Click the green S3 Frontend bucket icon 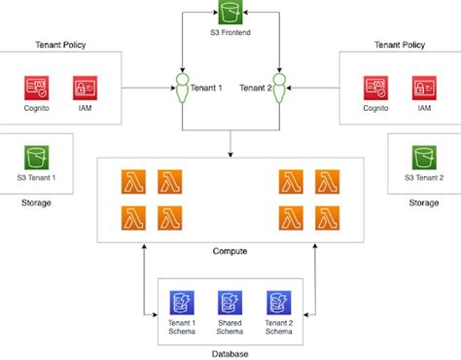[230, 14]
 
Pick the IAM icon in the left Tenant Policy [85, 89]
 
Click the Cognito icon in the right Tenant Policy [375, 89]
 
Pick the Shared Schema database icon [230, 302]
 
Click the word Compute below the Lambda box [230, 252]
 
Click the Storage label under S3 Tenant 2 [422, 202]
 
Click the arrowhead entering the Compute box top [230, 153]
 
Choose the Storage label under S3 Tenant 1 [35, 202]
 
